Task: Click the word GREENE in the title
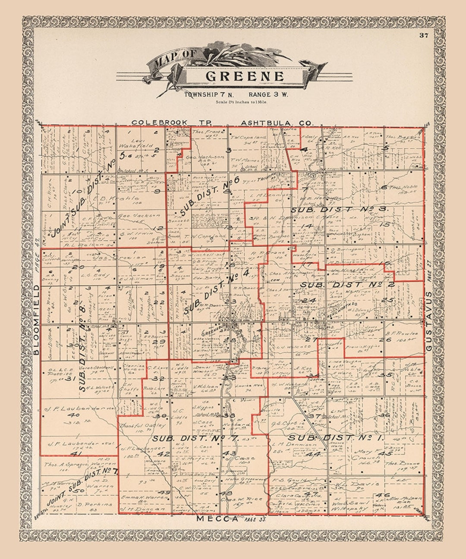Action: pos(245,76)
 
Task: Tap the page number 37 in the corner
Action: pos(423,35)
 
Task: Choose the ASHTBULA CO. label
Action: pos(276,123)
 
